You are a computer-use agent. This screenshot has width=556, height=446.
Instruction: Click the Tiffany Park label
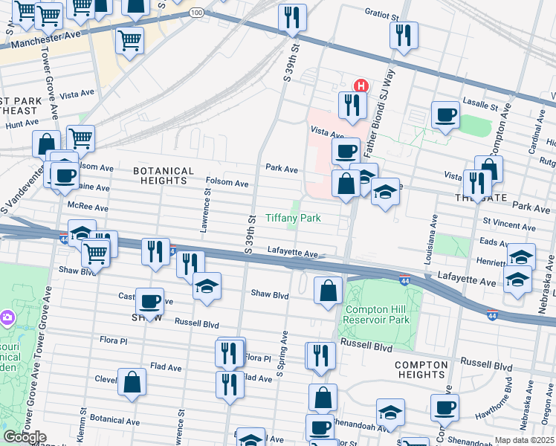click(294, 219)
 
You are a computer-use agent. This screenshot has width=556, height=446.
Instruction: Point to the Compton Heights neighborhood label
click(421, 370)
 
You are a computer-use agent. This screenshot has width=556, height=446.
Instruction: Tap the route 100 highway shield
click(196, 13)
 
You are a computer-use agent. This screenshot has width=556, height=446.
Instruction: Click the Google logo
click(25, 437)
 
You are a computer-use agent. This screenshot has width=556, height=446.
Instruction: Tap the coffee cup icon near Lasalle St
click(446, 114)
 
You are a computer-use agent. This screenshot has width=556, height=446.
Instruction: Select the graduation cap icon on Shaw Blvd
click(206, 285)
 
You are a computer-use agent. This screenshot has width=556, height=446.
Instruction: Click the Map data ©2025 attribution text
click(525, 440)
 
